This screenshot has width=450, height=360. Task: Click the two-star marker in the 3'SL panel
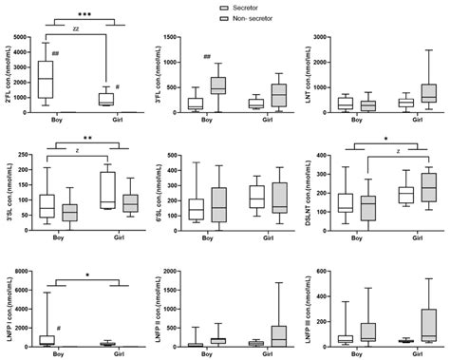pos(84,138)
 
